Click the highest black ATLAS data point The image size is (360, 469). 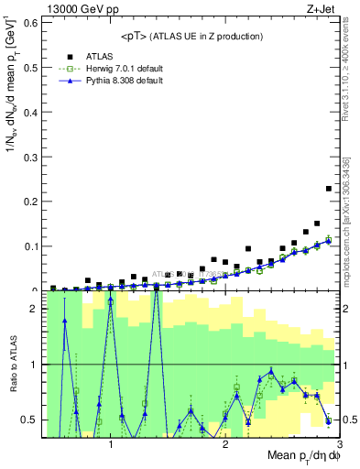329,189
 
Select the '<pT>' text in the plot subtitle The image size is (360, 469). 135,36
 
